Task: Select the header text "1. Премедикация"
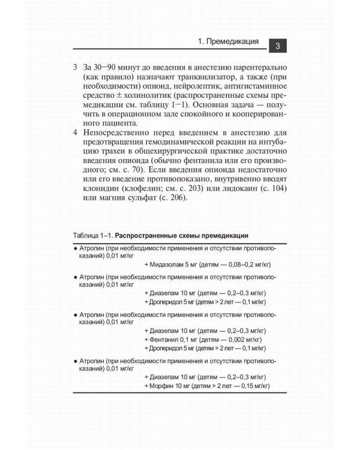pyautogui.click(x=229, y=43)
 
